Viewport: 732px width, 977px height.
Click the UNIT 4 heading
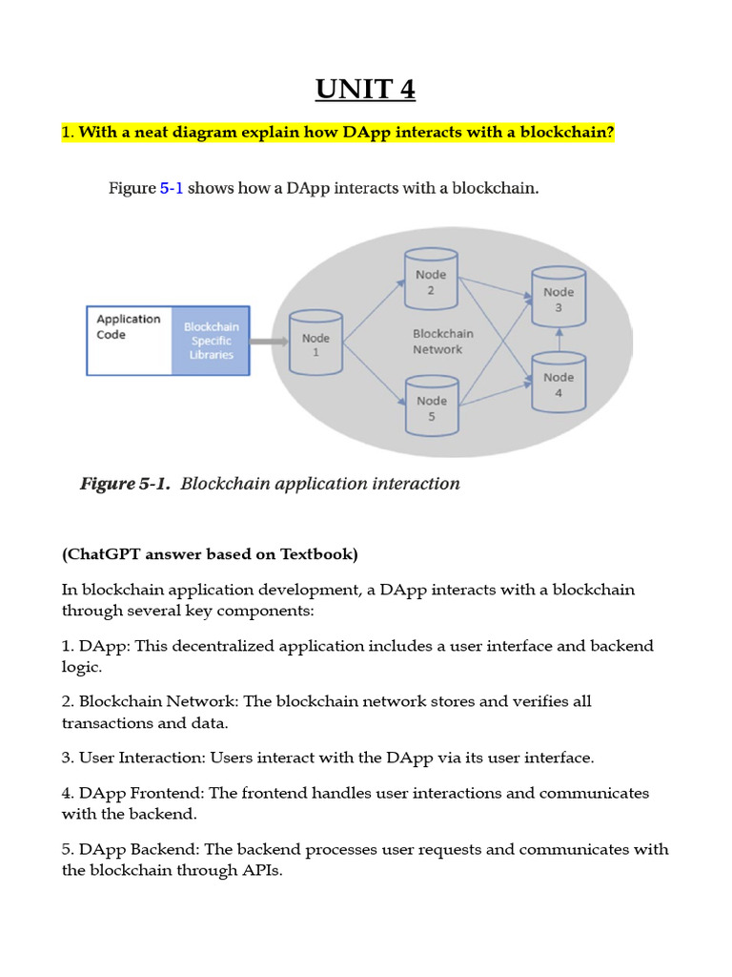pos(366,90)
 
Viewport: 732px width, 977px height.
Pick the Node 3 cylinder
pos(559,299)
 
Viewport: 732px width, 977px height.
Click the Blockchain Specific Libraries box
pos(211,341)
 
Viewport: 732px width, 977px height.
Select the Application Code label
pos(128,327)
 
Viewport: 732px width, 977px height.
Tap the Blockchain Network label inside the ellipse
pos(442,342)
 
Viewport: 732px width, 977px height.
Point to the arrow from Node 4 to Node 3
pos(559,341)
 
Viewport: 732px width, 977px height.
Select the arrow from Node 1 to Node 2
pos(374,306)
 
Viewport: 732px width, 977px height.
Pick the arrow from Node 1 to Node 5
pos(374,372)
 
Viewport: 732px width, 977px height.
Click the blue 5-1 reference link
pos(172,189)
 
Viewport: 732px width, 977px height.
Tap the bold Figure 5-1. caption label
pos(125,484)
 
